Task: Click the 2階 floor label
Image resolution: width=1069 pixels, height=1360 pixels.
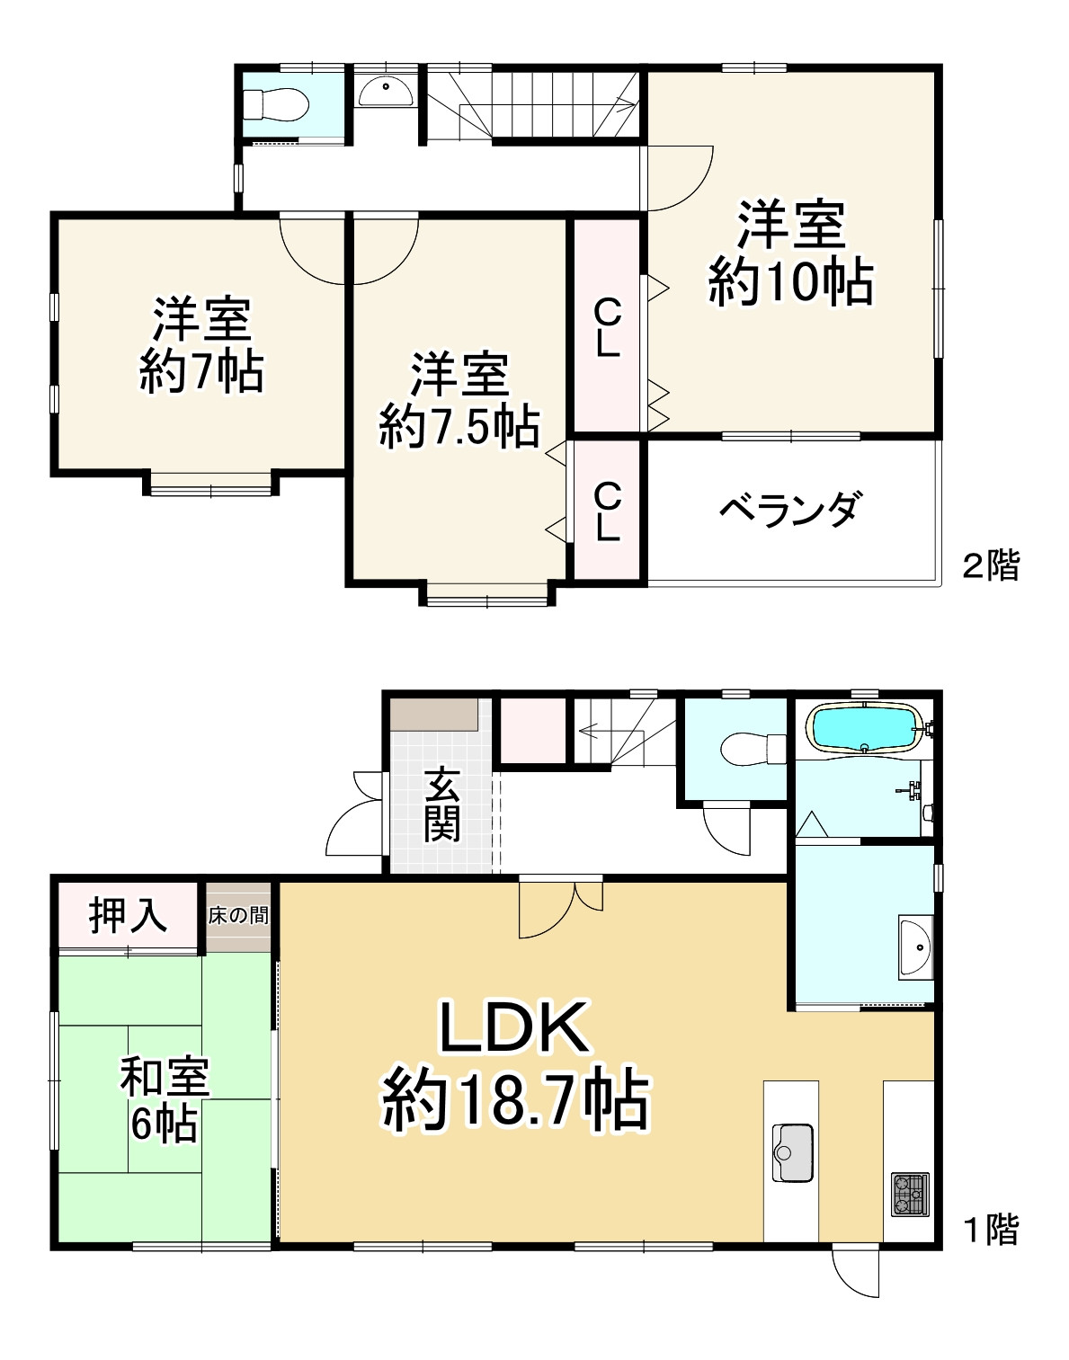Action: [992, 566]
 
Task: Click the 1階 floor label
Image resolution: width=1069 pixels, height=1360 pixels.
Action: [992, 1229]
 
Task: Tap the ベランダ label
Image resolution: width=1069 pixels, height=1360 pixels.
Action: [791, 510]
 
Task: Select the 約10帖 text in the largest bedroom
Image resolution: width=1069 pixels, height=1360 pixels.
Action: [791, 282]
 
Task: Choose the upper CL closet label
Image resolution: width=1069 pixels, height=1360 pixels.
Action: [608, 328]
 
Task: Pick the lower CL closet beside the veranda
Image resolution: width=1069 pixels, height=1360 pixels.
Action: [608, 511]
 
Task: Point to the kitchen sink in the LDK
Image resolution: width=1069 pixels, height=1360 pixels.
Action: [792, 1152]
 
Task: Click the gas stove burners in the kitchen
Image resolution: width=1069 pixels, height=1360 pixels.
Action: [910, 1194]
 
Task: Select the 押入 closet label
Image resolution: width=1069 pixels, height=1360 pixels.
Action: [128, 915]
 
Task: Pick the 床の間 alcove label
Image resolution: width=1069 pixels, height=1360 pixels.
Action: [238, 916]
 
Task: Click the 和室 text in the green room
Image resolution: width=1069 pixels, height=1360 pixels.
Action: [165, 1077]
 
